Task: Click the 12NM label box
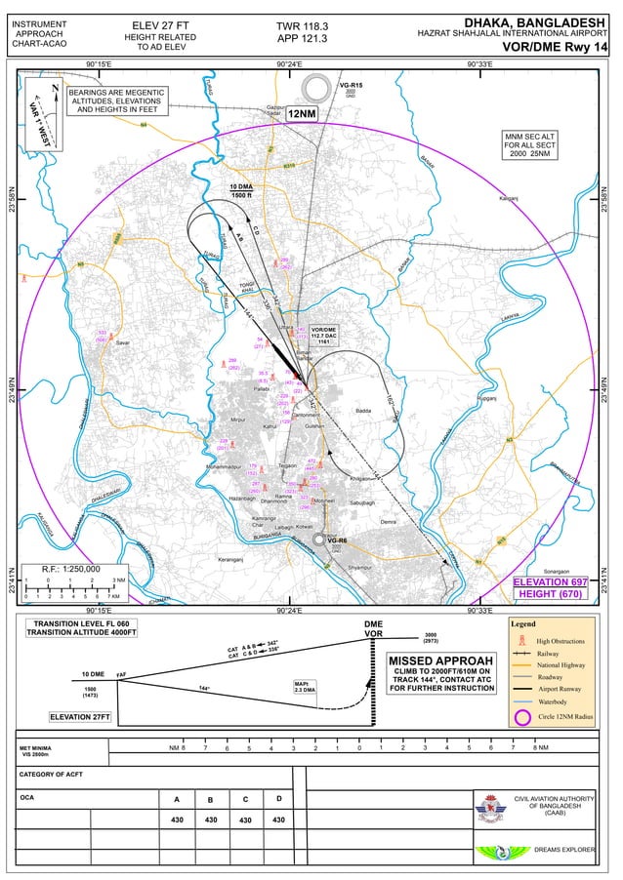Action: tap(302, 114)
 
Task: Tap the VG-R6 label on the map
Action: tap(338, 540)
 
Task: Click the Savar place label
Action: tap(122, 343)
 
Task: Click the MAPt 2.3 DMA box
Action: tap(306, 686)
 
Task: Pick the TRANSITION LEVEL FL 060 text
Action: tap(82, 622)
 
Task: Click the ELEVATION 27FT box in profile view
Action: tap(80, 717)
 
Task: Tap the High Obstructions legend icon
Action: tap(521, 640)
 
